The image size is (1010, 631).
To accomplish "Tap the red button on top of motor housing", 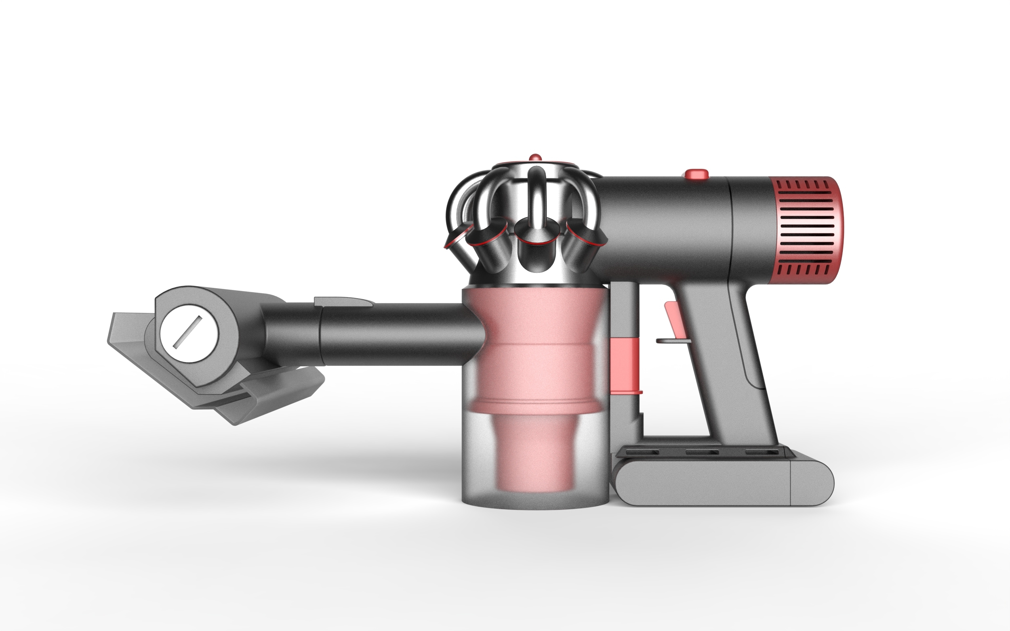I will [696, 174].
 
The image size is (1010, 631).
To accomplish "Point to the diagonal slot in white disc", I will [187, 332].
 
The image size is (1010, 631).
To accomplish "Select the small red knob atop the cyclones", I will [535, 158].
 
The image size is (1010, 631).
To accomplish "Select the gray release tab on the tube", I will [342, 301].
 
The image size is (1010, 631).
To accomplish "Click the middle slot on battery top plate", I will [701, 453].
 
